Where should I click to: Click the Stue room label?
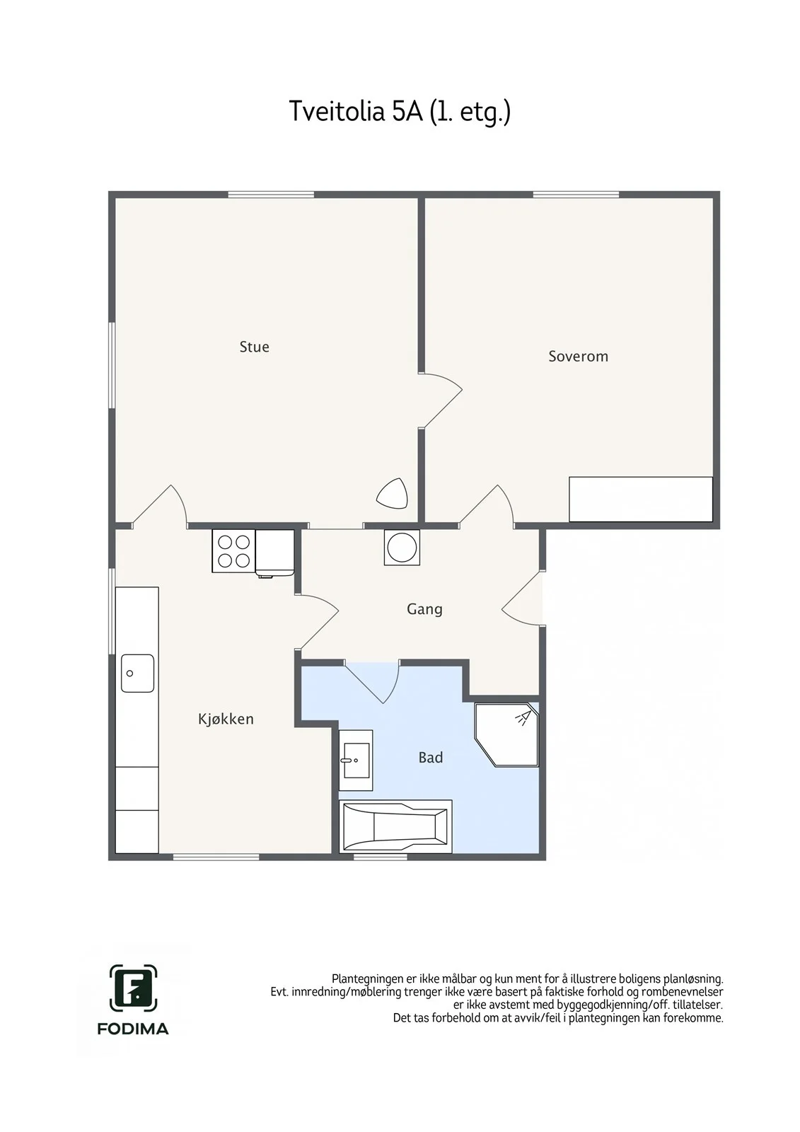point(254,347)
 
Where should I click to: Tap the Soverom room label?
point(578,357)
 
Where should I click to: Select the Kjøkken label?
point(226,719)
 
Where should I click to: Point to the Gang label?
point(424,609)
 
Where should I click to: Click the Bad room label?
point(431,758)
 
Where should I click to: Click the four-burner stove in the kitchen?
point(233,551)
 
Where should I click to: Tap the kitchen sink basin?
point(137,673)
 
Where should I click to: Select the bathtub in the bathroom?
point(395,826)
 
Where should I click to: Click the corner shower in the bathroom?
point(507,734)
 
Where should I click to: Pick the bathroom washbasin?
point(356,760)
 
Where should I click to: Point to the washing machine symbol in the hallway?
point(402,548)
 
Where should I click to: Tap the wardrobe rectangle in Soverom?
point(641,499)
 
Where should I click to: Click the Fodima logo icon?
point(133,989)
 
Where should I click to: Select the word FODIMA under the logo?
point(133,1029)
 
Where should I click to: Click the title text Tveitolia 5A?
point(356,111)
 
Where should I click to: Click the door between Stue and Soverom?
point(440,400)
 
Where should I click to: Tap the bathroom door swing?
point(373,682)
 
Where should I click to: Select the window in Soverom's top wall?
point(576,195)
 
